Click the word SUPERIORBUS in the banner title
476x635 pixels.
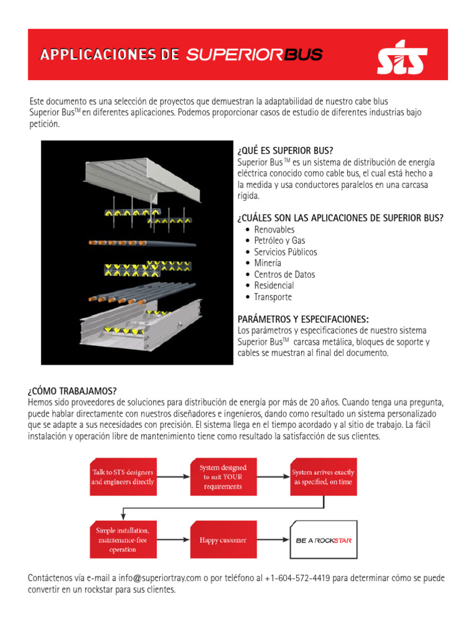254,55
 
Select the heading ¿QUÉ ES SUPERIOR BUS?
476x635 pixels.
285,151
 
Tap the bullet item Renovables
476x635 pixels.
274,229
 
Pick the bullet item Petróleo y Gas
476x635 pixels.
280,241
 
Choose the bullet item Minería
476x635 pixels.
267,263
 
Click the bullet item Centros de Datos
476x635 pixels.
284,274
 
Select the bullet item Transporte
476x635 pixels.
273,296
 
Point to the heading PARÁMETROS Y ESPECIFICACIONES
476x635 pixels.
303,319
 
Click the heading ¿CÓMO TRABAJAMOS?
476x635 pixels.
72,391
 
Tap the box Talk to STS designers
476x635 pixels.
123,477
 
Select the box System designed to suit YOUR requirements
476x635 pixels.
223,477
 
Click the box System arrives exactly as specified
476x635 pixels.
323,477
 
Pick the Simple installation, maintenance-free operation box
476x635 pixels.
123,540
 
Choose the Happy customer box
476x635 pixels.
223,540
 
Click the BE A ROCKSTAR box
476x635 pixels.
323,540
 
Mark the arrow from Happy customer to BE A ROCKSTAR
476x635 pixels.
272,540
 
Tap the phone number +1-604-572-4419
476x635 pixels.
293,578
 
